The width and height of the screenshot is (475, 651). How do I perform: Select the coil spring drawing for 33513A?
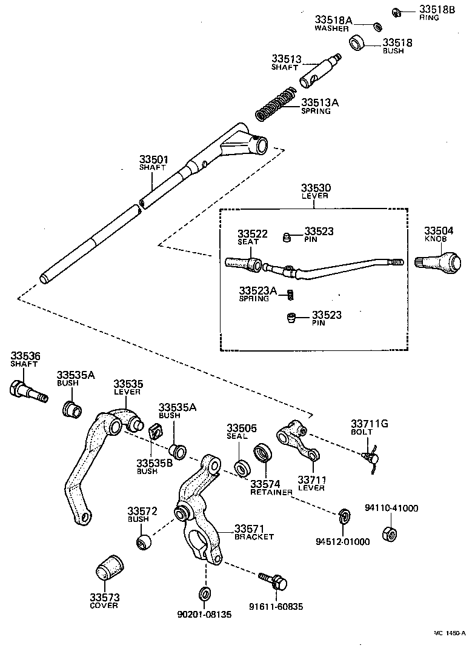pos(276,105)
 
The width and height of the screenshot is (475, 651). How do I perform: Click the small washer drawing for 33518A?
pos(376,26)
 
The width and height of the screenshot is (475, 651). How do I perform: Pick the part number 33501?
pos(154,159)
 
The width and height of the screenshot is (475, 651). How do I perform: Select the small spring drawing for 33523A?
pos(290,294)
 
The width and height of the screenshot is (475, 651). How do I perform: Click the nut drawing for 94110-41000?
pos(390,534)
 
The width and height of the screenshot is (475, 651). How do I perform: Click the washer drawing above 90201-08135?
pos(204,592)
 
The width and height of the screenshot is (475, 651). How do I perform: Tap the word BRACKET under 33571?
pos(254,537)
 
